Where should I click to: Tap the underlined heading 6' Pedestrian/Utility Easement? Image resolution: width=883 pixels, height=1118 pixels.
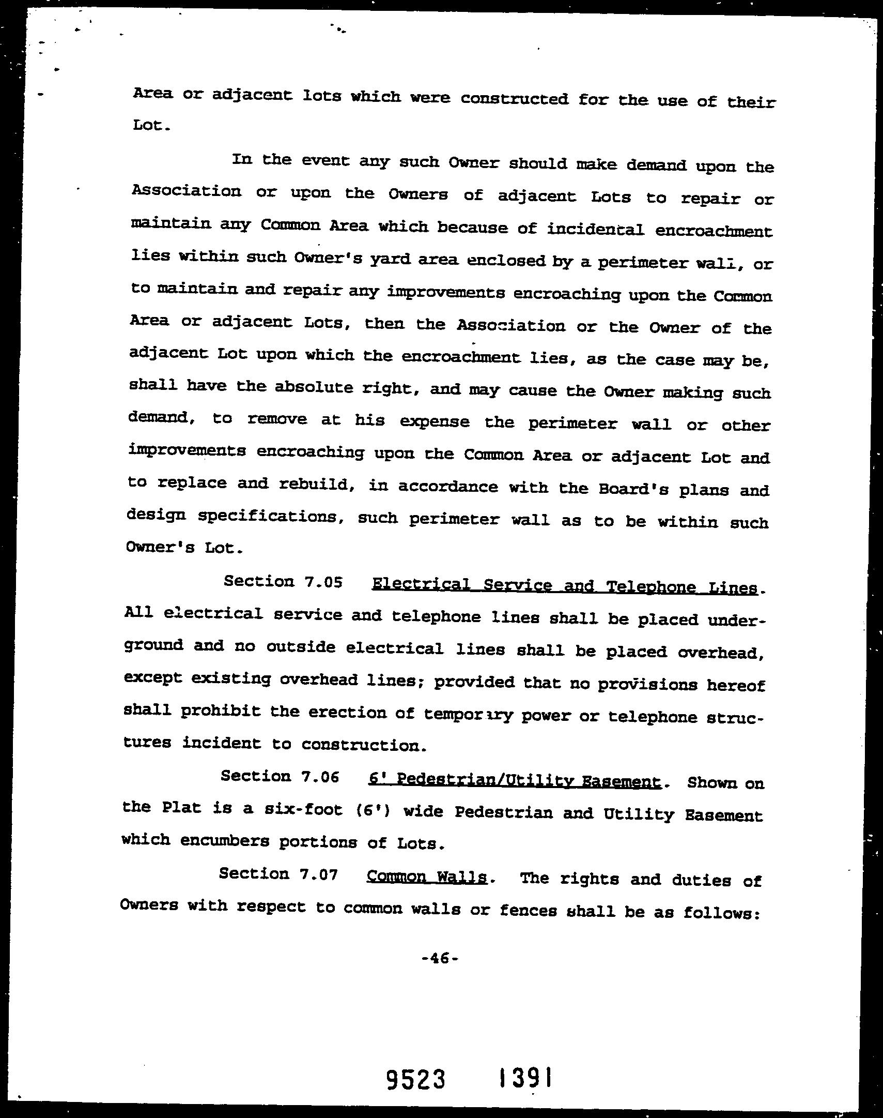click(515, 781)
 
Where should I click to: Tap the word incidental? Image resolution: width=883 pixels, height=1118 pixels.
click(596, 229)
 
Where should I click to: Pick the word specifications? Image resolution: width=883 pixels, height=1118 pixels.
click(271, 517)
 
